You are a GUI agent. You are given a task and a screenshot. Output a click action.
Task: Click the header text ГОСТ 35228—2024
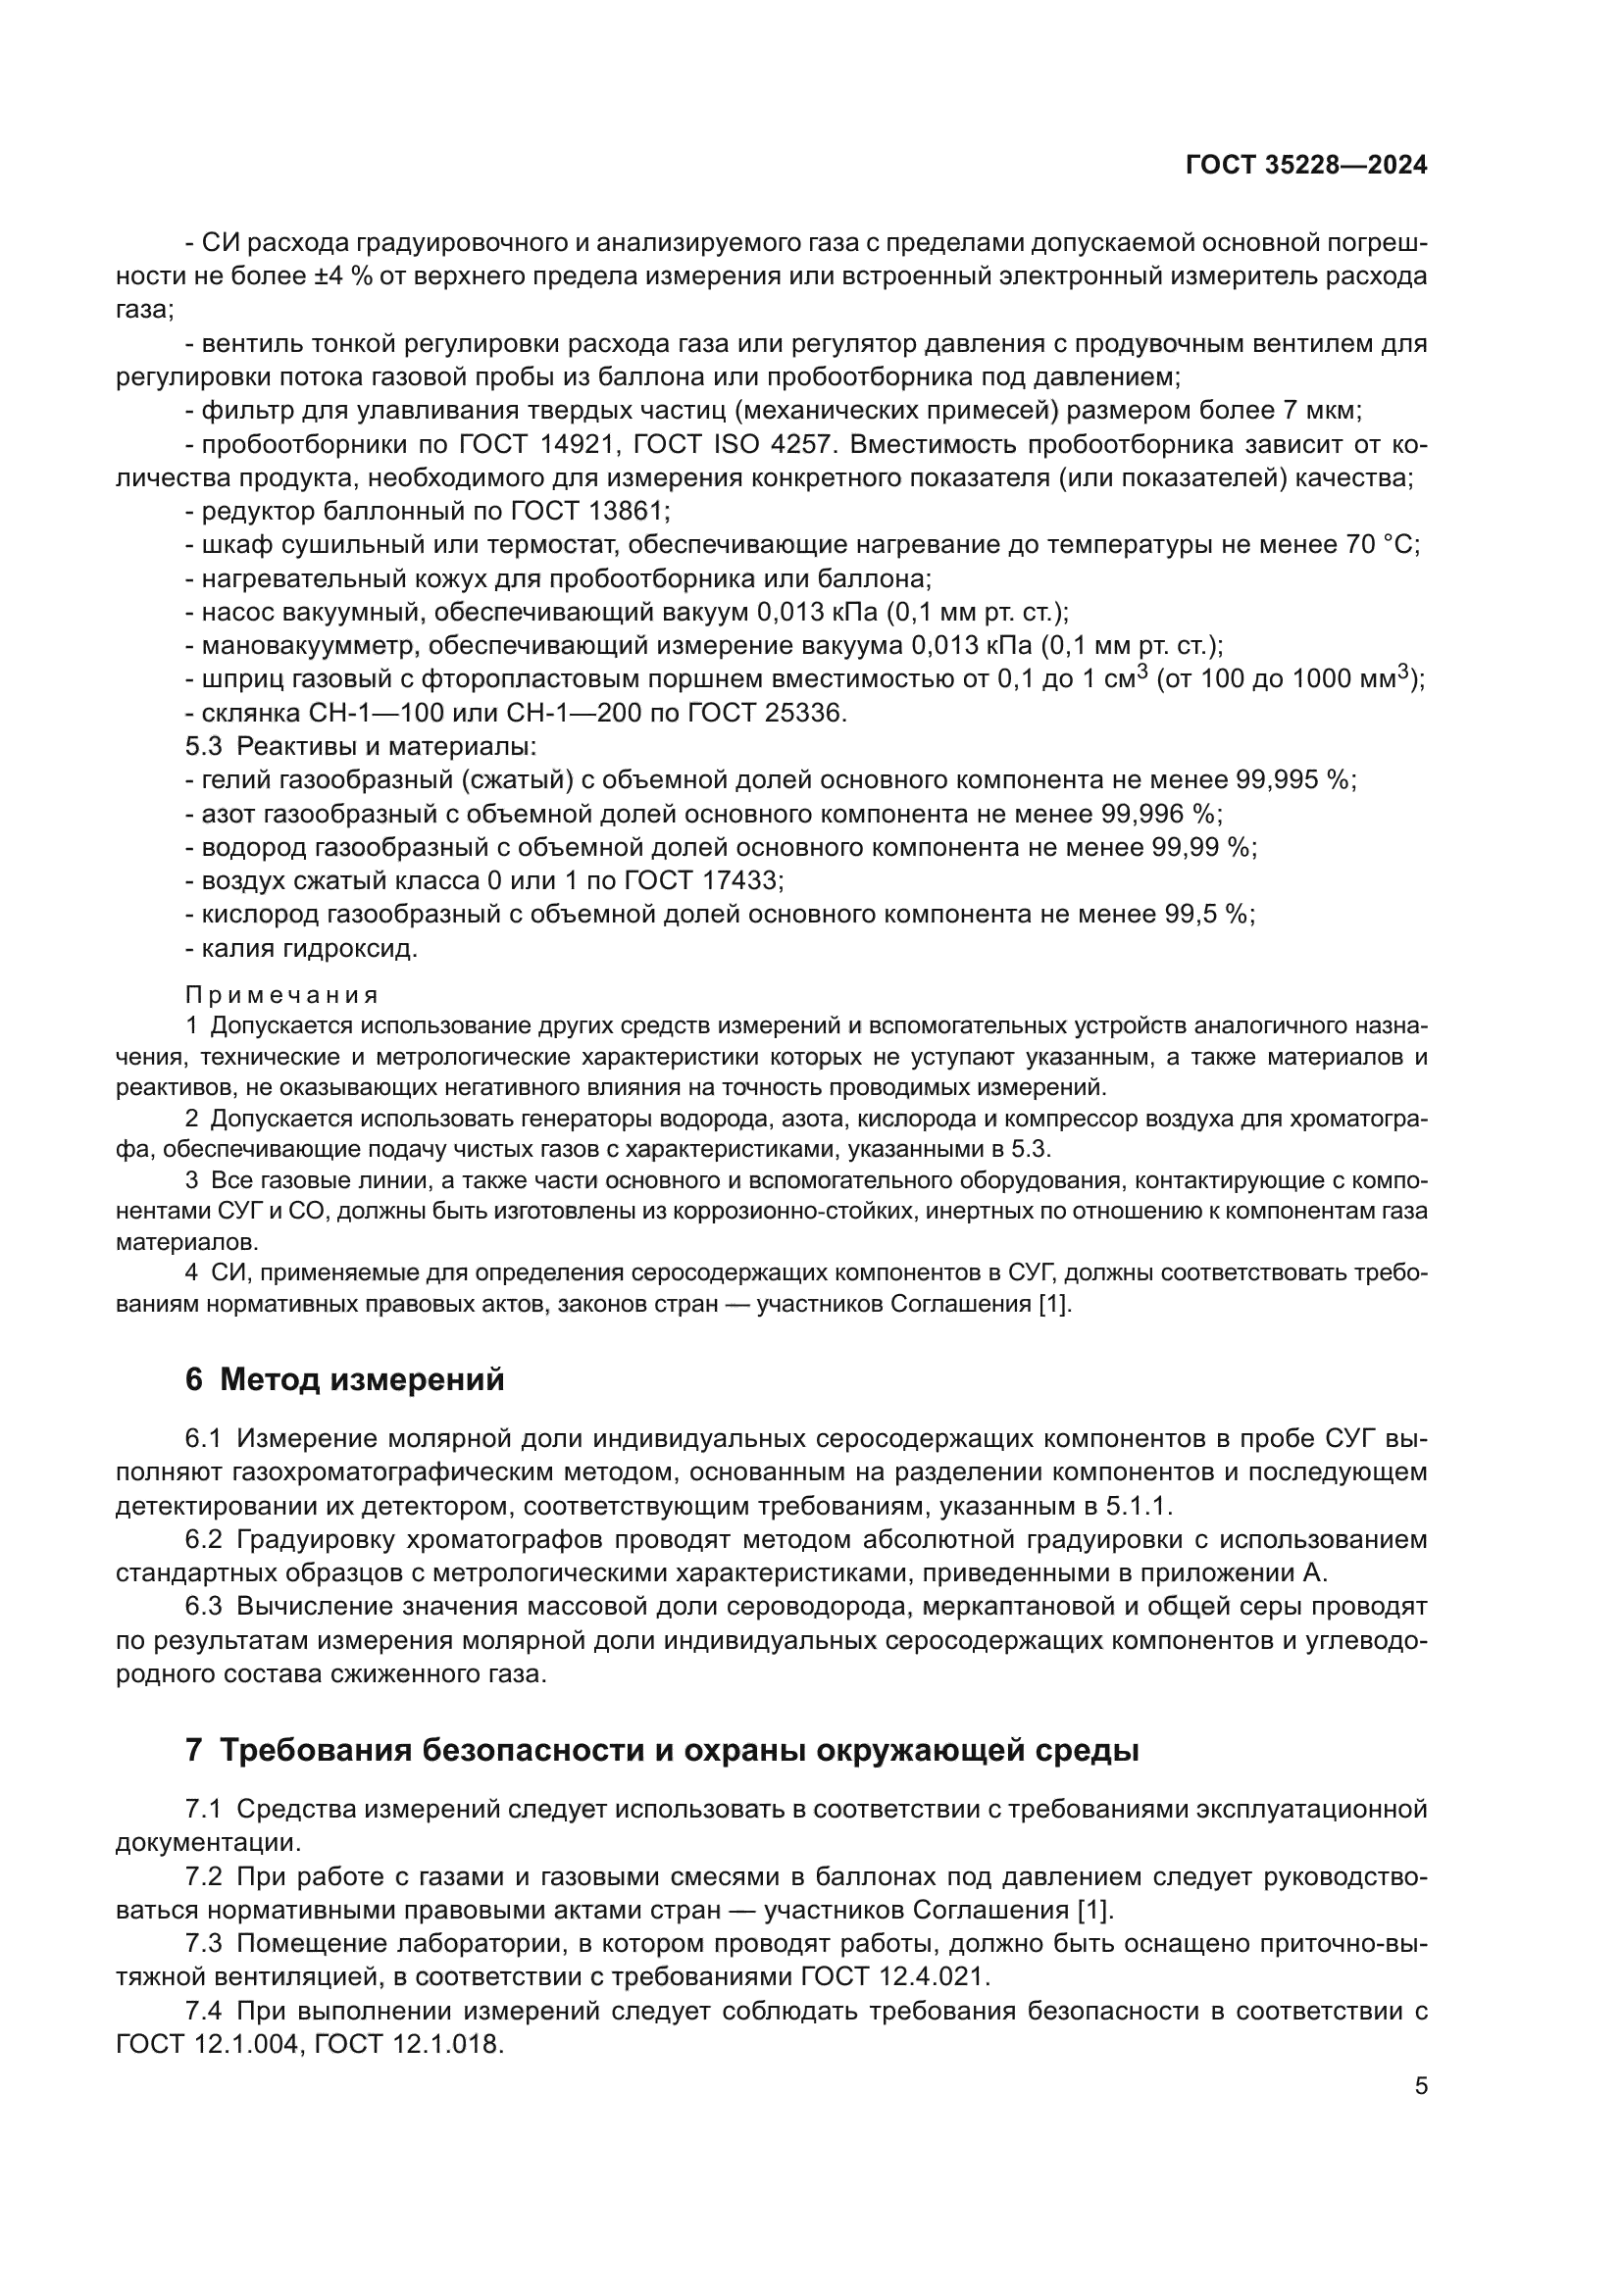pos(1305,166)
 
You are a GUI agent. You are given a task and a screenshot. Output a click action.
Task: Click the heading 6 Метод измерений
pos(344,1380)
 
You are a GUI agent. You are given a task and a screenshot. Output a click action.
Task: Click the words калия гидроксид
pos(309,949)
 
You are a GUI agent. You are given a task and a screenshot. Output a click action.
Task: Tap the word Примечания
pos(281,995)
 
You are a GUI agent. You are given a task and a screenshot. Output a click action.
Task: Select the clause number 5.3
pos(204,747)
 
